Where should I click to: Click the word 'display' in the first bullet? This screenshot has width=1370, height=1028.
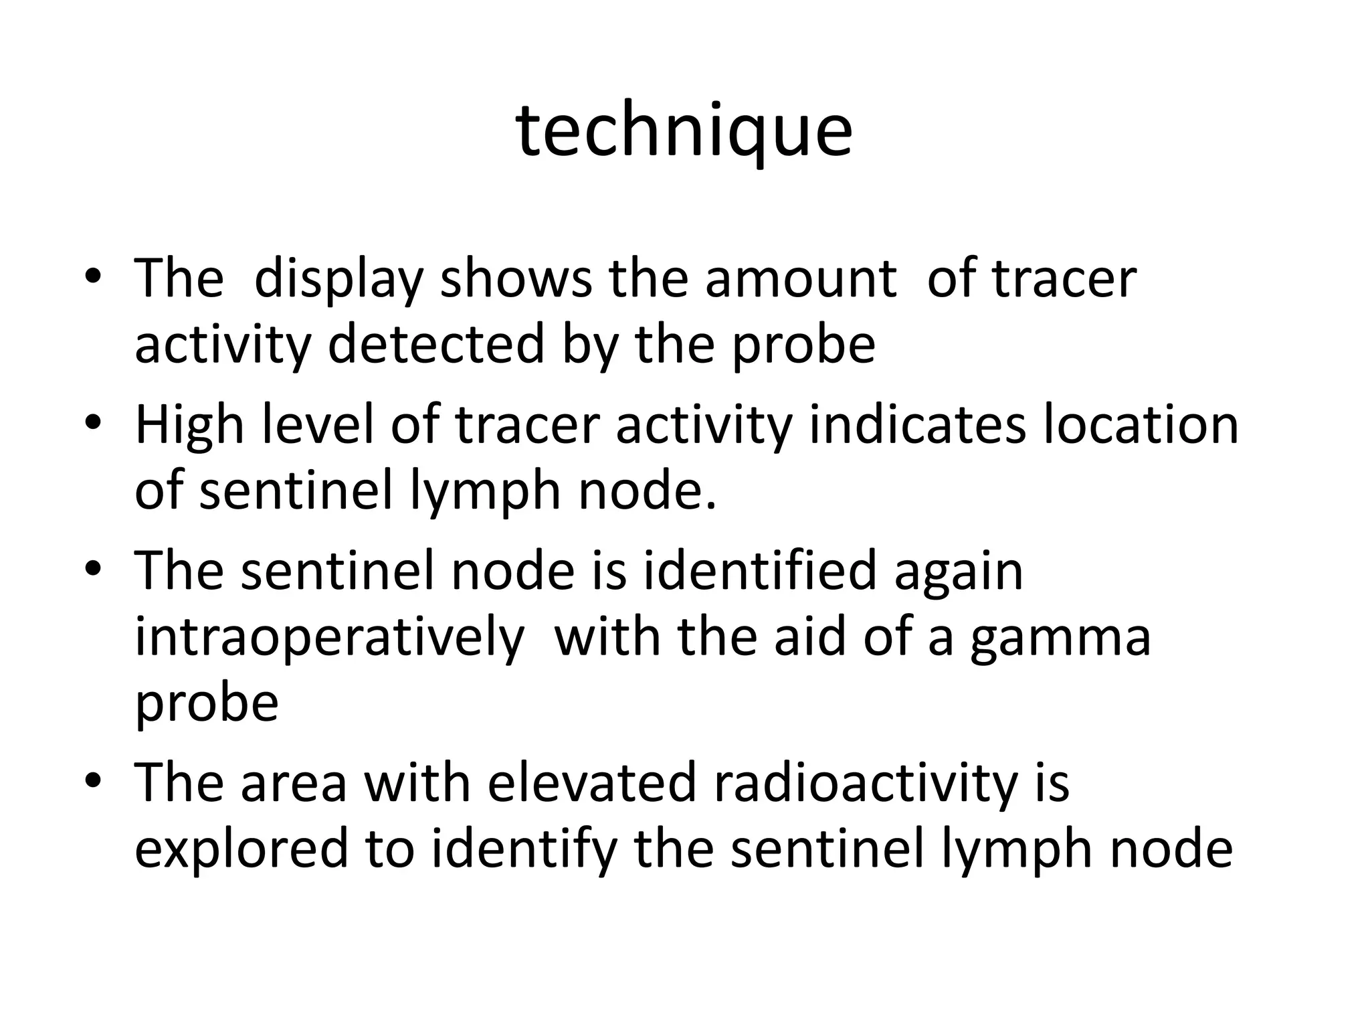(338, 280)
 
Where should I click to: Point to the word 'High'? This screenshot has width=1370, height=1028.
(189, 426)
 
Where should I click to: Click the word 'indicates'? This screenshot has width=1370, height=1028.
(917, 425)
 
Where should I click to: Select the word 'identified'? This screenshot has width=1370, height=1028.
(759, 571)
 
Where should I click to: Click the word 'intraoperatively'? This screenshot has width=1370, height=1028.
(330, 638)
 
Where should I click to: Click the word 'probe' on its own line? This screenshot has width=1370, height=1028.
(207, 705)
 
